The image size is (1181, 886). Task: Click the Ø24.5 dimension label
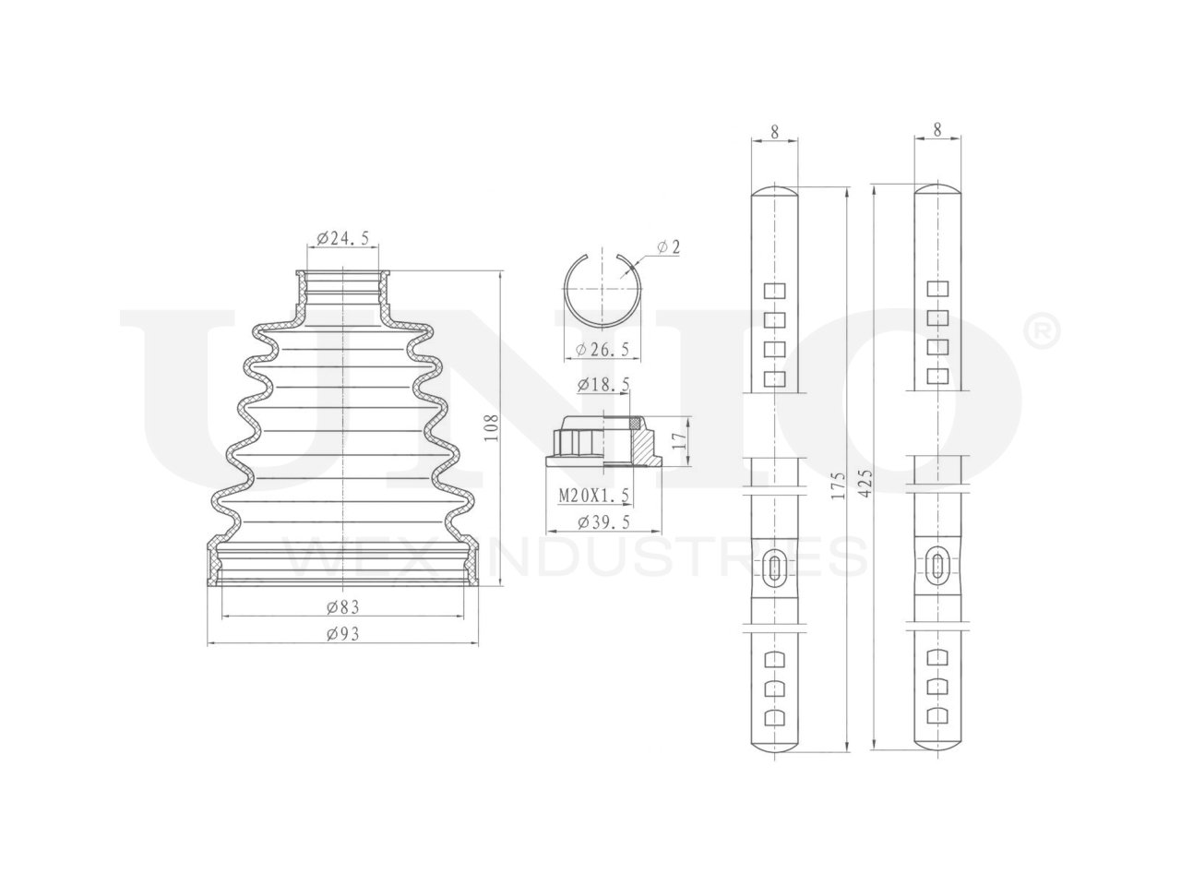342,238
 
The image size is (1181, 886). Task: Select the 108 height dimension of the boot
491,427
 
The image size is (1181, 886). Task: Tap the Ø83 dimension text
342,606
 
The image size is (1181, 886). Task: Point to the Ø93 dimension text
342,634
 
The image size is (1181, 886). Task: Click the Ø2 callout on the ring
669,247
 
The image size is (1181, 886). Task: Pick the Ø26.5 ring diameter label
602,350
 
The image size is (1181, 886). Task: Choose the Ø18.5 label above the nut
603,385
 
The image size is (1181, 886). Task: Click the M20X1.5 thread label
594,496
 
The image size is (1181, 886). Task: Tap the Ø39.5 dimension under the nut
603,521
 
